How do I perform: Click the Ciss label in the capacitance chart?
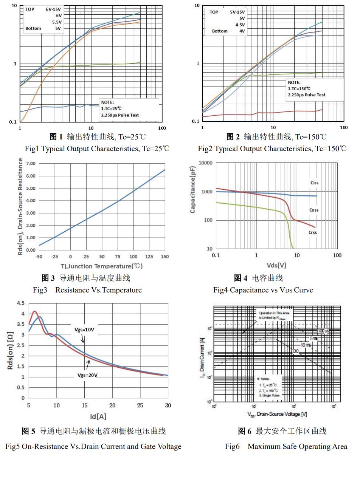314,183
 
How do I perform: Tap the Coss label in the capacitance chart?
314,210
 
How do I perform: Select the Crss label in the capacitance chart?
312,232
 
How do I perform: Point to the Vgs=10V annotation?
84,330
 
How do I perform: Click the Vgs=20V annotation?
87,375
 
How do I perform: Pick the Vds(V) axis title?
276,265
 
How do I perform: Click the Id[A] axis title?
98,417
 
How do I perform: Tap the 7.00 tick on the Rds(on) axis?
31,164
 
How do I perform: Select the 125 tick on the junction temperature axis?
149,257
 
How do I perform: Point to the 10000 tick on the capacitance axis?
206,163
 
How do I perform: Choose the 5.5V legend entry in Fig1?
57,22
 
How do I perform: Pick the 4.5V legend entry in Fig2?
240,25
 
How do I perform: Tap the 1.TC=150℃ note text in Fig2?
299,88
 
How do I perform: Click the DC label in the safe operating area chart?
296,351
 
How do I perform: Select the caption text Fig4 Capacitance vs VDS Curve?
263,290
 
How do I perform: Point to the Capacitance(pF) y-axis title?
193,189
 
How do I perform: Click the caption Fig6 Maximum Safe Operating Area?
286,447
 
